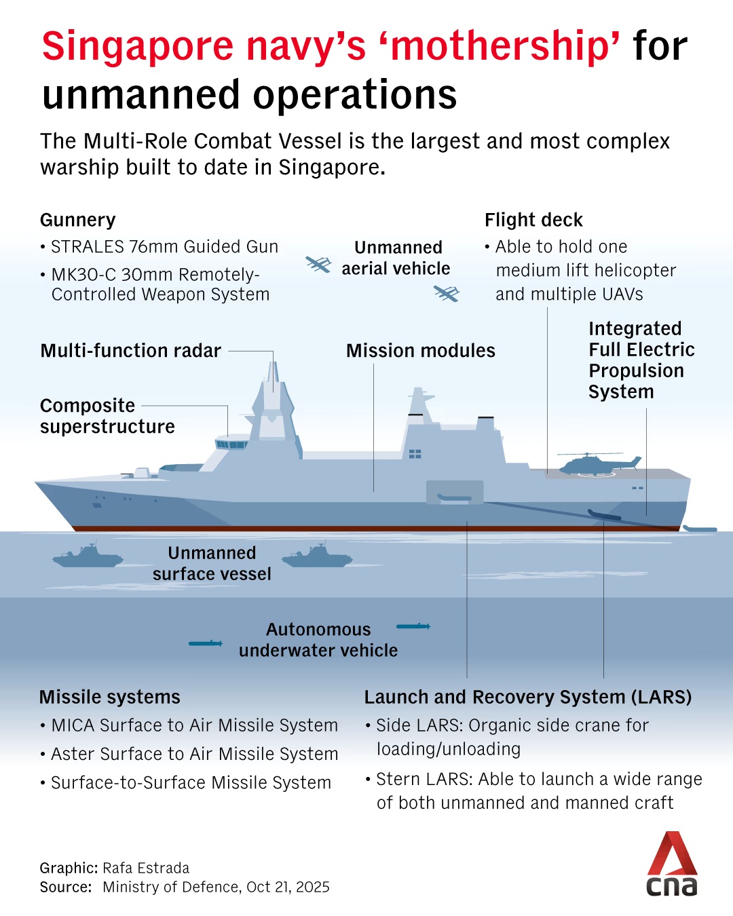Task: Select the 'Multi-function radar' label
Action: (x=130, y=351)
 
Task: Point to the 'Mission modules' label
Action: (x=420, y=351)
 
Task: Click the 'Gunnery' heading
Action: (x=78, y=220)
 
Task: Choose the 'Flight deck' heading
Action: (x=533, y=220)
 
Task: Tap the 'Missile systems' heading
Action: (x=110, y=697)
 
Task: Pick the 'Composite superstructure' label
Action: (x=107, y=416)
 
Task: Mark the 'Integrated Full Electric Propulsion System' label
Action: (x=641, y=360)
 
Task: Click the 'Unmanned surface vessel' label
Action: (x=212, y=563)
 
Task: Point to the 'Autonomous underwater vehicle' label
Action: (x=318, y=640)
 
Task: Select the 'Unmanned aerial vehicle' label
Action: (x=396, y=258)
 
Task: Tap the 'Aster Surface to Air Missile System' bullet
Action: (x=194, y=754)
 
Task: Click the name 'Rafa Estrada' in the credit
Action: (x=146, y=868)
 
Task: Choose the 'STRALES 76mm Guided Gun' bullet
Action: (x=164, y=247)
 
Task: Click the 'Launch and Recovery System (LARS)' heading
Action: (x=527, y=697)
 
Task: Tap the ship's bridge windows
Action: (x=231, y=444)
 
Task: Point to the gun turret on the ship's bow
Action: (x=142, y=472)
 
